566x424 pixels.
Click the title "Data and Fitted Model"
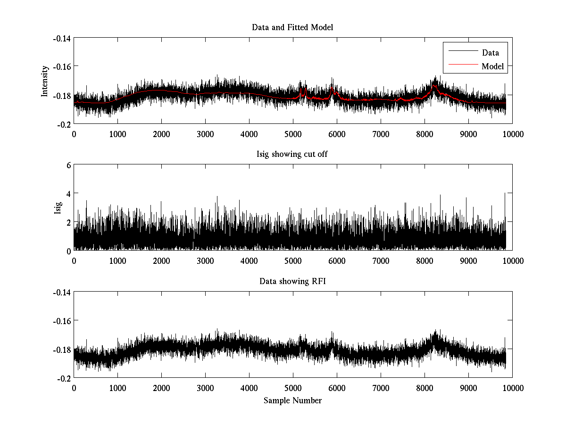point(292,27)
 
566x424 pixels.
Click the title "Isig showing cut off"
point(292,155)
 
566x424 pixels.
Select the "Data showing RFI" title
point(292,281)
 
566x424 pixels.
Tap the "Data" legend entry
point(490,53)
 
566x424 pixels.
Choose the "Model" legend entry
point(492,66)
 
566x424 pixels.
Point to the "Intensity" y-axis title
point(45,81)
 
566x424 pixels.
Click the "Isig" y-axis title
point(58,208)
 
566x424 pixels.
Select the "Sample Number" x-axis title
point(292,400)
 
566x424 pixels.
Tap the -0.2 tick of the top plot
point(65,124)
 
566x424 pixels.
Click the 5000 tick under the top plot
point(293,134)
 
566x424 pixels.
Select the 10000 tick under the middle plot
point(512,261)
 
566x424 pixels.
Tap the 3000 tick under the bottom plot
point(205,388)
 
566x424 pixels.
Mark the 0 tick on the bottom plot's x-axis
point(74,388)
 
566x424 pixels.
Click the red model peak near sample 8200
point(434,86)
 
